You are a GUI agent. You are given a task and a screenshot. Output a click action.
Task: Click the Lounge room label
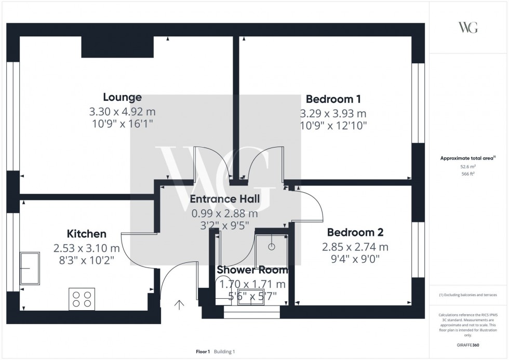122,97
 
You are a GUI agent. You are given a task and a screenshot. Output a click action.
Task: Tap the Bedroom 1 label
333,99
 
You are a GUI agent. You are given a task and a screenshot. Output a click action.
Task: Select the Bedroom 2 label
355,232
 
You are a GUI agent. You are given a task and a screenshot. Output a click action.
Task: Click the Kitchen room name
86,234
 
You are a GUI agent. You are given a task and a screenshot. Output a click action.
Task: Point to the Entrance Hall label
224,199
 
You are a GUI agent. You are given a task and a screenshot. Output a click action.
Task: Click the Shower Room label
252,270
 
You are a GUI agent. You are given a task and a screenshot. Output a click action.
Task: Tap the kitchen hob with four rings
82,299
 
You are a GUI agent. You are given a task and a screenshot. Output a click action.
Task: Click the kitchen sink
30,268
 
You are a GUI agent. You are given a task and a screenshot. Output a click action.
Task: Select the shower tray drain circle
271,245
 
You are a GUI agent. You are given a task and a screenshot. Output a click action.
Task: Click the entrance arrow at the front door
180,305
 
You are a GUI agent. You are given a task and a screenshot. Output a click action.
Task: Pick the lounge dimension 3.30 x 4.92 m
122,112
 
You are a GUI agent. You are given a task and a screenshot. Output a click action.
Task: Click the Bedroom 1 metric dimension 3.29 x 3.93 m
333,113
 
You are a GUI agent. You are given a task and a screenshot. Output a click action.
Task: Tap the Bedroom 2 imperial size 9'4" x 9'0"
355,259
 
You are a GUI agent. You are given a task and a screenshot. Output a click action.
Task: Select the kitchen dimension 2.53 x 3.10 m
86,248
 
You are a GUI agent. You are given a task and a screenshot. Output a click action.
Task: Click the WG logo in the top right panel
468,28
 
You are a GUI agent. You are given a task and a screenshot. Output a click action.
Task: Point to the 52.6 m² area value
468,166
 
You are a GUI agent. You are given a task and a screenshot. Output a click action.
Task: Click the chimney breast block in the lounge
118,47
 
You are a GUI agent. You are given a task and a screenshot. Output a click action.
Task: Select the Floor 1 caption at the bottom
203,352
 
